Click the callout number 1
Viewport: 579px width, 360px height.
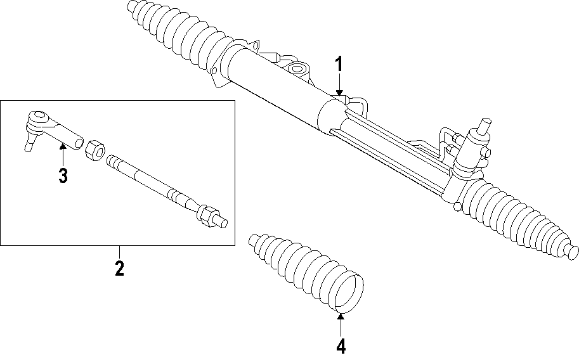(339, 64)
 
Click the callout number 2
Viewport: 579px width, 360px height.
(119, 267)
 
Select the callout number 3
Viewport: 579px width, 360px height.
(63, 176)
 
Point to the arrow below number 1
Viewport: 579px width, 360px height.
(339, 86)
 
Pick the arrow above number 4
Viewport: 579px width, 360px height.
(341, 323)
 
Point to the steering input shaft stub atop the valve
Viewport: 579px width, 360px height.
(485, 125)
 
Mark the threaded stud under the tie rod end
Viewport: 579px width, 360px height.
(29, 144)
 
